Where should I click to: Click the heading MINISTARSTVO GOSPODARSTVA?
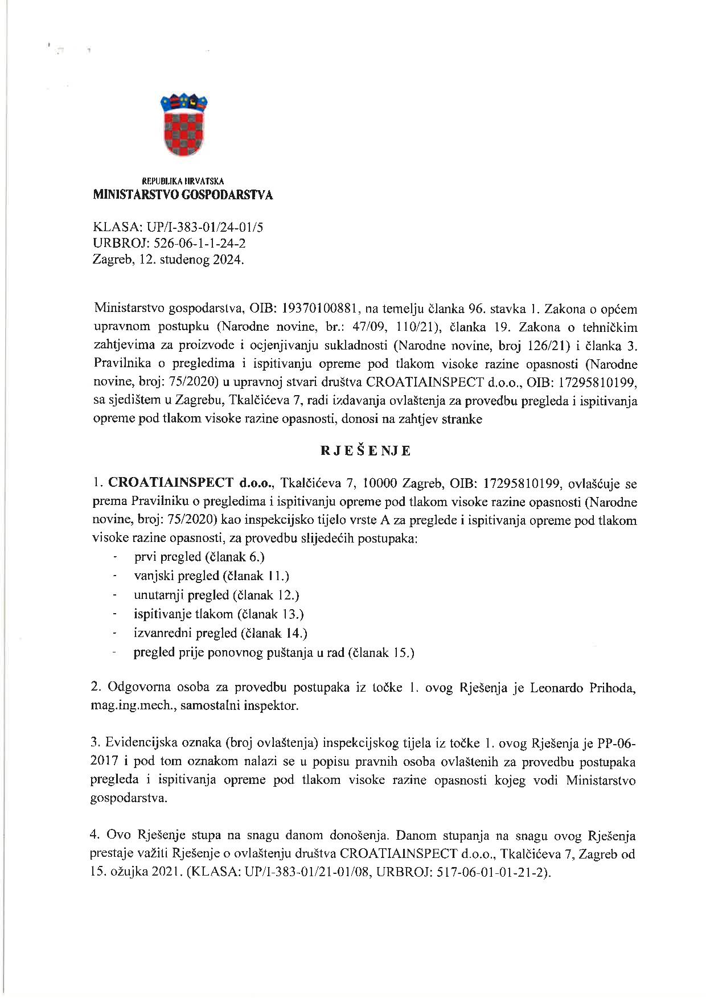pos(183,195)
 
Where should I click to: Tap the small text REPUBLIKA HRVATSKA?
pos(183,181)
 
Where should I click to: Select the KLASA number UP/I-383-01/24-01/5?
pos(205,228)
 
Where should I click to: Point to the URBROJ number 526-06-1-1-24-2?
pos(196,244)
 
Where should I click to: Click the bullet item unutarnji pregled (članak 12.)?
pos(216,595)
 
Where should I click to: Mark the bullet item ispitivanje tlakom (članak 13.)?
pos(219,614)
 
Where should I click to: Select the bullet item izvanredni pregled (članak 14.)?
pos(220,633)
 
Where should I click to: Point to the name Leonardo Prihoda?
pos(582,688)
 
